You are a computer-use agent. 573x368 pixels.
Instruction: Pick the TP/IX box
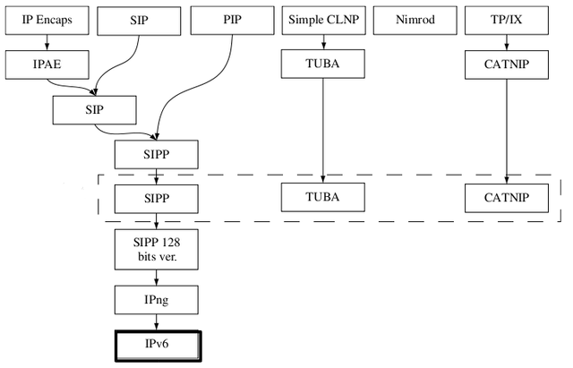coord(508,19)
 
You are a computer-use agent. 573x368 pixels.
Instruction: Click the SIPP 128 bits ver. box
coord(156,248)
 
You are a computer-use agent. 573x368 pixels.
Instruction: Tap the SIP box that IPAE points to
coord(94,109)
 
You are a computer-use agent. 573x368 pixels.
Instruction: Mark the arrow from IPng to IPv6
coord(156,321)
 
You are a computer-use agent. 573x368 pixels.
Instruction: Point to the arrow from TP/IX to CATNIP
coord(508,41)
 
